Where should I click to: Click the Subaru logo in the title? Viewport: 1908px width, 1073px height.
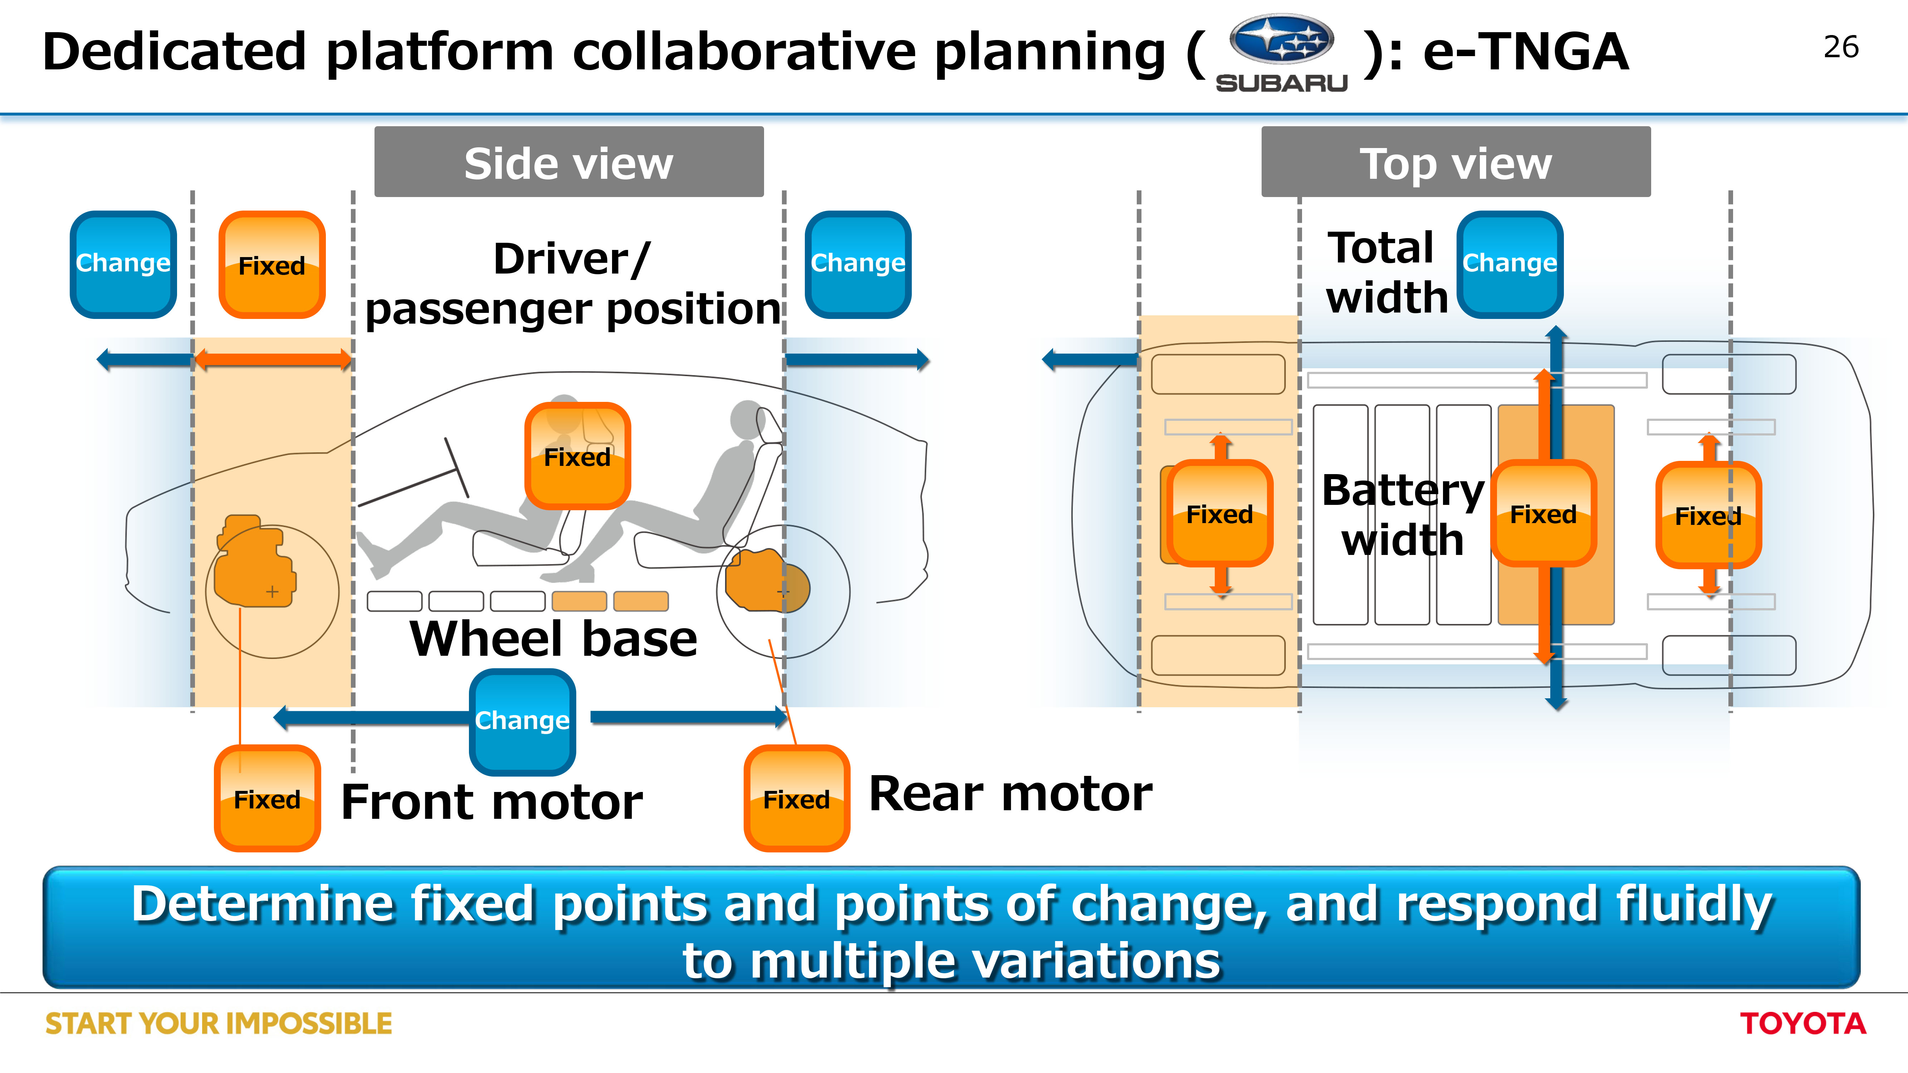pos(1281,53)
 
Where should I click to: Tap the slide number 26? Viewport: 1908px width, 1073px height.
pos(1841,48)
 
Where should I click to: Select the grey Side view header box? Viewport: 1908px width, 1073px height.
pos(569,161)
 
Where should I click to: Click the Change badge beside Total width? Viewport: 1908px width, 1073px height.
pos(1510,264)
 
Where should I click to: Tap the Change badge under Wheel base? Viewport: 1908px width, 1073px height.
pos(522,722)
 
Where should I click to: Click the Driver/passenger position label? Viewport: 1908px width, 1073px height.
pos(573,284)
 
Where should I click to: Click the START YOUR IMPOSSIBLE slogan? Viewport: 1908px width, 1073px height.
pos(219,1023)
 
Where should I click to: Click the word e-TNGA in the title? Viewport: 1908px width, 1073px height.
pos(1526,52)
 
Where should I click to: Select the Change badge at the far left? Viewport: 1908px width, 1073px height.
pos(123,264)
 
